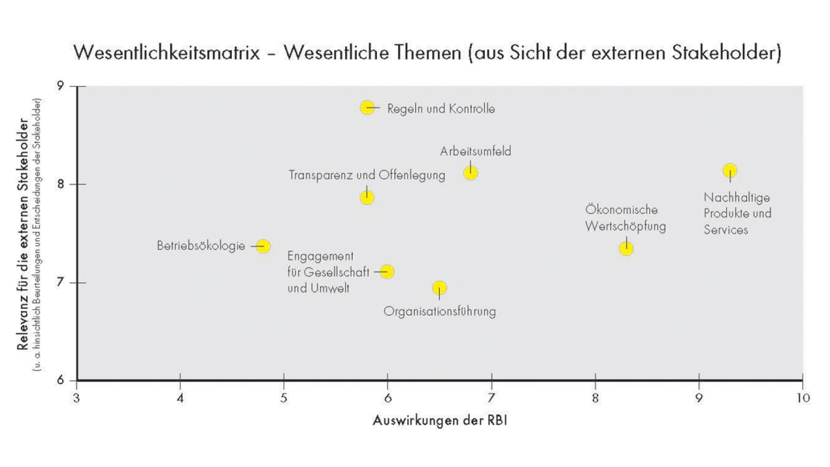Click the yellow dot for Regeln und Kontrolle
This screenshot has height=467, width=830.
368,107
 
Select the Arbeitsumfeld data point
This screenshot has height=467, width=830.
471,173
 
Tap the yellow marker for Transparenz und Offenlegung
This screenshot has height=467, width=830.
367,197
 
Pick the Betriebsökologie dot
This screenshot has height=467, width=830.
263,246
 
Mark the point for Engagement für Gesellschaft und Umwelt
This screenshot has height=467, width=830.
387,271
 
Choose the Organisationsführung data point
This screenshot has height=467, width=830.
439,288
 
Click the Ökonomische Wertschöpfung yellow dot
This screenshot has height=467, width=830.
626,248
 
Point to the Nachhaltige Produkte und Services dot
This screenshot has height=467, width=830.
730,171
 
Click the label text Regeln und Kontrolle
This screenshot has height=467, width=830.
441,109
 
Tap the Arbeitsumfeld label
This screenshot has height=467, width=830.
475,152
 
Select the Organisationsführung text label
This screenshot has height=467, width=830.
439,311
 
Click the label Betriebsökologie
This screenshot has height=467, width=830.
200,245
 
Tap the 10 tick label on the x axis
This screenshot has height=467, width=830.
802,396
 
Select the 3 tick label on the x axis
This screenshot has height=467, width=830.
76,396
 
